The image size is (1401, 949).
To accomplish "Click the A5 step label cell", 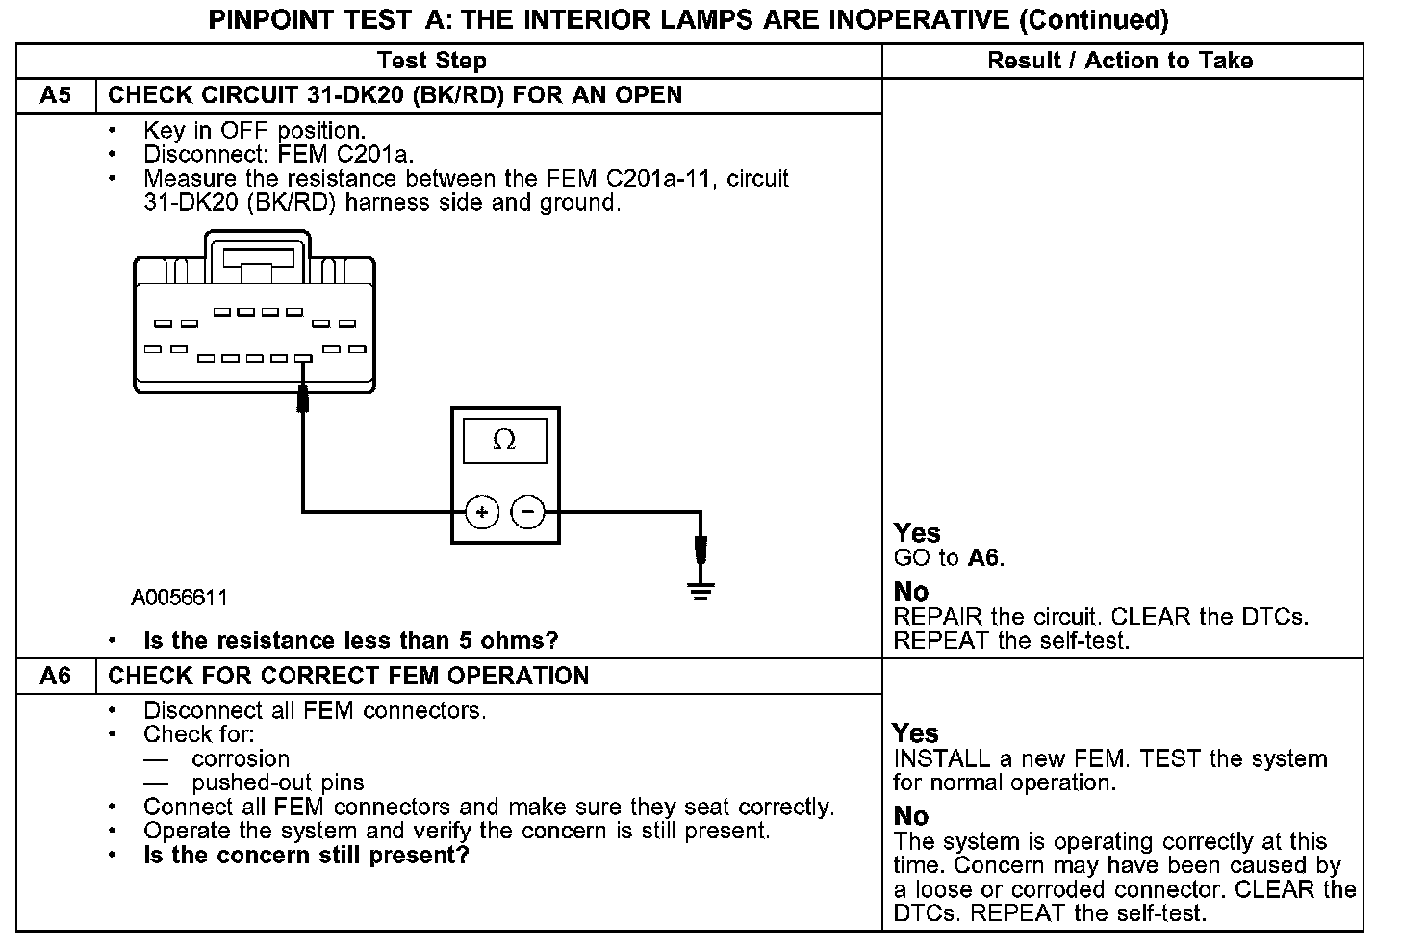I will tap(56, 95).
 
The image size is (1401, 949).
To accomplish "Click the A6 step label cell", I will tap(56, 676).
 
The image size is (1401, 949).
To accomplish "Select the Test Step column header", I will tap(432, 61).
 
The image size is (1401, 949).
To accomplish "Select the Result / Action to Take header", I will tap(1120, 61).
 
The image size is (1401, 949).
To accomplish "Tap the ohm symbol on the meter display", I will tap(504, 441).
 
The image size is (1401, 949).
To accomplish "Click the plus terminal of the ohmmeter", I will tap(482, 512).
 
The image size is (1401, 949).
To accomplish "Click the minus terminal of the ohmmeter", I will tap(527, 511).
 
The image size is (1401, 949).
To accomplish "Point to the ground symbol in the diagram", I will tap(701, 590).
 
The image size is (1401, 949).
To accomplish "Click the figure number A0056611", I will tap(180, 598).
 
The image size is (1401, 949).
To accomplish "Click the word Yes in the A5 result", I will tap(917, 533).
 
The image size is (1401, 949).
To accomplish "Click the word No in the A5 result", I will tap(911, 591).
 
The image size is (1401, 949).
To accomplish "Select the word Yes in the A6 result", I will tap(915, 733).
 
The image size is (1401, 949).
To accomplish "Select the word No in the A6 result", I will tap(910, 816).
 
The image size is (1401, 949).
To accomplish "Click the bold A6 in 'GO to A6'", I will tap(984, 558).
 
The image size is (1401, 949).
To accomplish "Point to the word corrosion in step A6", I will tap(241, 758).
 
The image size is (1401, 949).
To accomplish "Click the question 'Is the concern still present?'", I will tap(306, 856).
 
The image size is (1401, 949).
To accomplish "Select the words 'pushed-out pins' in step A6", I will tap(278, 782).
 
